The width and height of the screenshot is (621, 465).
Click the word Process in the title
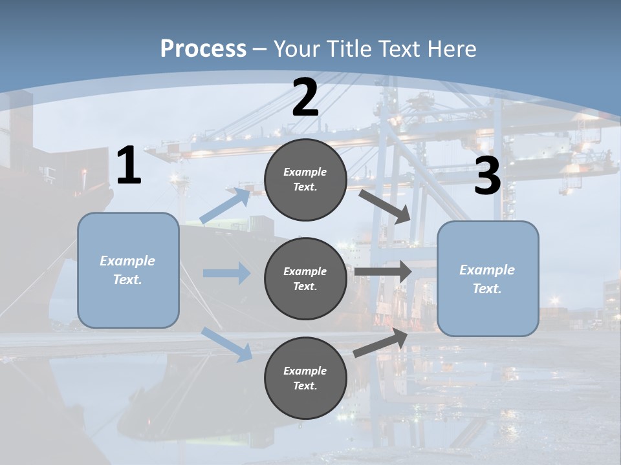(x=203, y=49)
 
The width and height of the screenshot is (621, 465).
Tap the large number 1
(x=129, y=167)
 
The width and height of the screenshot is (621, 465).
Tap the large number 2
(x=305, y=98)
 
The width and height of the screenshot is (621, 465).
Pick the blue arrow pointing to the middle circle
(x=227, y=273)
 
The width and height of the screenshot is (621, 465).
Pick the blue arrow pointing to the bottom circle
(x=227, y=344)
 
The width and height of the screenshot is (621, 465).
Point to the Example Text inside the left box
(x=127, y=270)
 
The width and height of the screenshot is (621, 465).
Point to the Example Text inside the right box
(x=487, y=279)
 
